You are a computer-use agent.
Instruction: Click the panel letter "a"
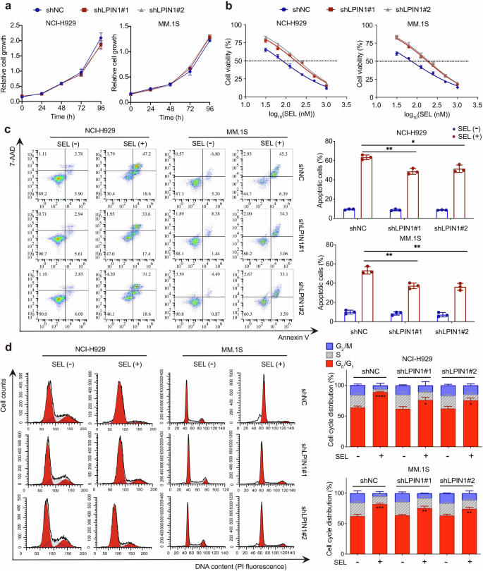(6, 6)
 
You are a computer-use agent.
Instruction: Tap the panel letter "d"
(6, 348)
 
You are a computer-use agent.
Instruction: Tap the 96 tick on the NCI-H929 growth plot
(101, 108)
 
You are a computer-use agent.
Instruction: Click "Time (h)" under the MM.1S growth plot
(173, 118)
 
